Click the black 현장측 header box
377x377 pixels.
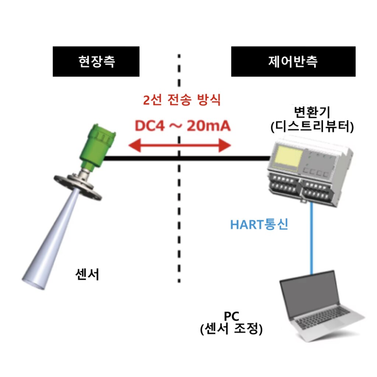(x=96, y=61)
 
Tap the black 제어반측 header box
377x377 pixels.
(x=293, y=61)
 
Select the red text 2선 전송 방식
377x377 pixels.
(x=182, y=100)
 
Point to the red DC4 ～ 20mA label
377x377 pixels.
(x=183, y=126)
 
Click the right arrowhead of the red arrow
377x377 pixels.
(x=225, y=145)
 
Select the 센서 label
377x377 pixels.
(x=87, y=274)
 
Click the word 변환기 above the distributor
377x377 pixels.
(x=312, y=112)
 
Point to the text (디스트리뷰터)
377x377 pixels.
(x=312, y=126)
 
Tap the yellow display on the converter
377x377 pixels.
(x=289, y=158)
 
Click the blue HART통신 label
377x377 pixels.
(x=259, y=225)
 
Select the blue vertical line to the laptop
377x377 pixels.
(x=311, y=238)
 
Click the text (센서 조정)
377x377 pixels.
(x=231, y=329)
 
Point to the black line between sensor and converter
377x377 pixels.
(x=187, y=158)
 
